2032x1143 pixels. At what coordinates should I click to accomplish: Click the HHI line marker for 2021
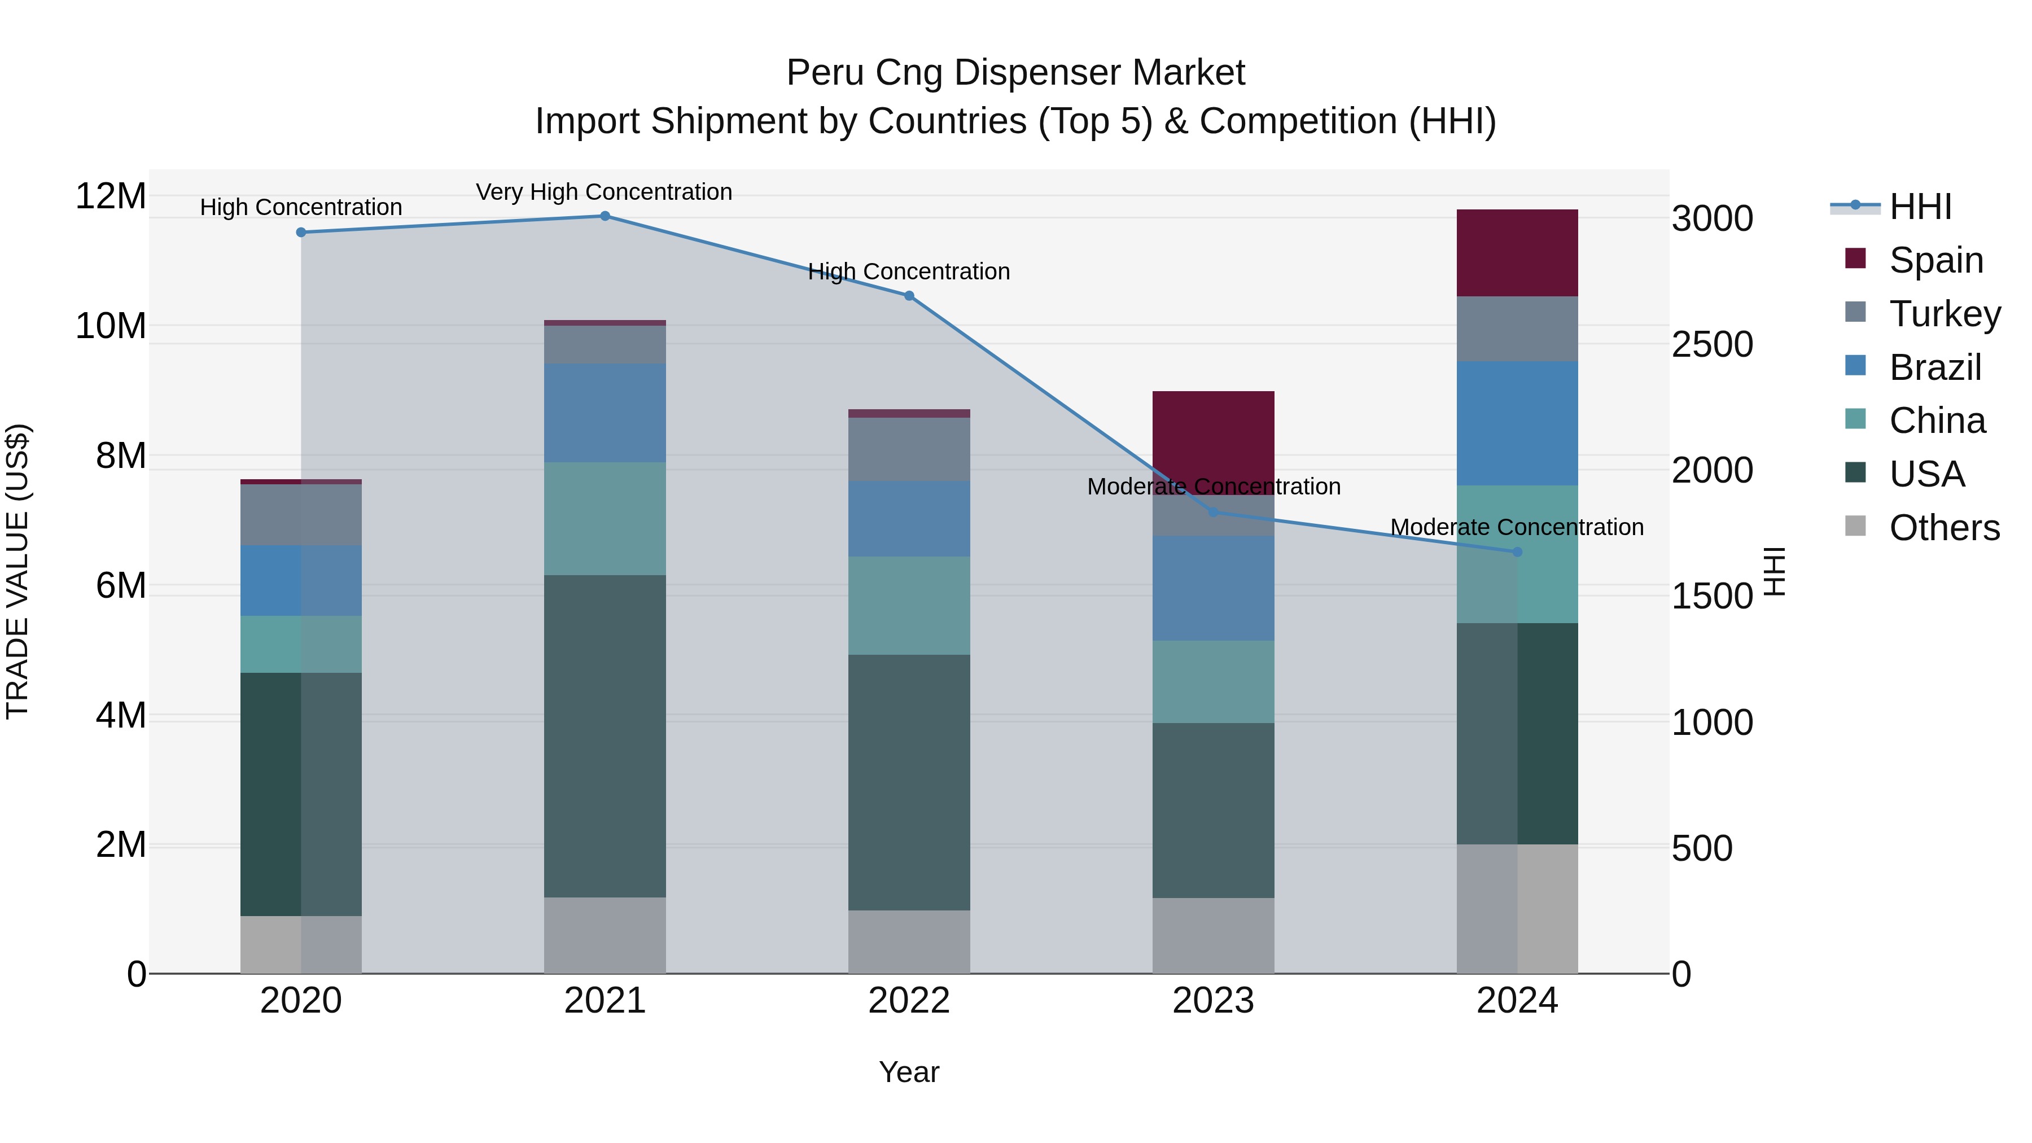click(x=605, y=216)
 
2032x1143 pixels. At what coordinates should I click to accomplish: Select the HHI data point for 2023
click(x=1213, y=513)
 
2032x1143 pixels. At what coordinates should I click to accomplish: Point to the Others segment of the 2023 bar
click(x=1213, y=935)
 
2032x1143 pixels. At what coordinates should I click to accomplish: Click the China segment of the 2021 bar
click(x=605, y=518)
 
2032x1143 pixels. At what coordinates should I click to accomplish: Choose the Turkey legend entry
click(x=1945, y=313)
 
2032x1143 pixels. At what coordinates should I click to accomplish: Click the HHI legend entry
click(x=1920, y=207)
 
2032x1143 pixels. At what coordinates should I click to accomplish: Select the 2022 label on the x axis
click(x=909, y=1000)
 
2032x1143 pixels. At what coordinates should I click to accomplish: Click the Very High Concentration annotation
click(x=603, y=192)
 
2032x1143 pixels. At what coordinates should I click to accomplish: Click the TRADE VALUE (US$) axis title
click(x=17, y=571)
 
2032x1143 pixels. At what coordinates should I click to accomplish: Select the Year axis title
click(x=909, y=1072)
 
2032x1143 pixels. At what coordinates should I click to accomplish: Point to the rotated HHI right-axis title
click(x=1773, y=571)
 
